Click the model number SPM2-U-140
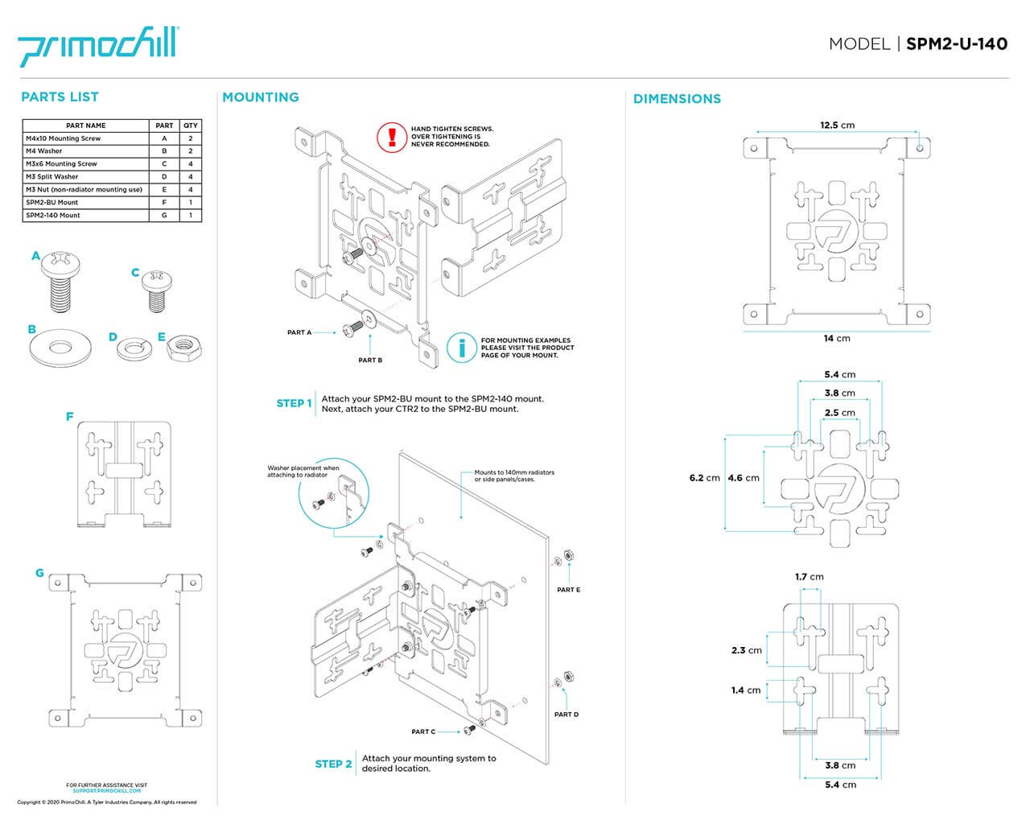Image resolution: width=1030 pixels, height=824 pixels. click(956, 44)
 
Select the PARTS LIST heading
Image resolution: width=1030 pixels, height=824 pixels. click(60, 97)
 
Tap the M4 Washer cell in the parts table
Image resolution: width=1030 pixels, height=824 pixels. click(86, 151)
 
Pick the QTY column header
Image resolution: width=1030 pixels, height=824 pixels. click(191, 126)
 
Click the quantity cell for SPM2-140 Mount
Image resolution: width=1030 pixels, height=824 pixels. click(191, 216)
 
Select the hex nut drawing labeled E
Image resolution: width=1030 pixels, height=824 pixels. click(181, 348)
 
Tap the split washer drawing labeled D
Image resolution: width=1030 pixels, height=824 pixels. click(134, 348)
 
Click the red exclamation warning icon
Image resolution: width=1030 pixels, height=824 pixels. click(393, 136)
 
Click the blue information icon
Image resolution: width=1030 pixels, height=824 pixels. click(462, 348)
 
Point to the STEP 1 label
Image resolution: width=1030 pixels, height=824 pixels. click(294, 403)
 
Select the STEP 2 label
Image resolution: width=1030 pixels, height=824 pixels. click(333, 764)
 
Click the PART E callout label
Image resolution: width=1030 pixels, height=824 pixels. click(568, 590)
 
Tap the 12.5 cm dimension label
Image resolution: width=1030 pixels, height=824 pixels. click(837, 126)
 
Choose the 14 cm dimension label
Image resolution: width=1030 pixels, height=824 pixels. click(836, 338)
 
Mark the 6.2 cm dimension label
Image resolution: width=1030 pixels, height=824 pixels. click(704, 478)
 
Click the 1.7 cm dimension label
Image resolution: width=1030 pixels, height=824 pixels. click(809, 577)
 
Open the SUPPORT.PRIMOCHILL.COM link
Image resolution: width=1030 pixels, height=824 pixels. click(106, 791)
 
